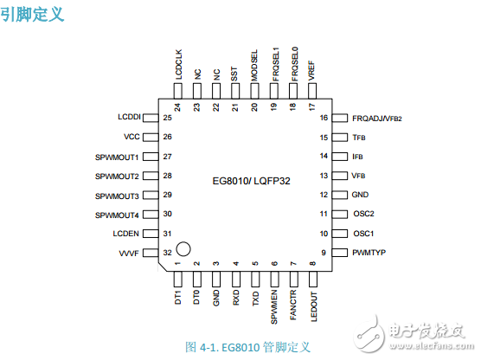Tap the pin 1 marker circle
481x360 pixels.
183,249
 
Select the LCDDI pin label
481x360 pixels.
129,117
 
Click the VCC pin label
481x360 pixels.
131,137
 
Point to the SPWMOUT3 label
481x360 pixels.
118,196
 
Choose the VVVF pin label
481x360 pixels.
129,253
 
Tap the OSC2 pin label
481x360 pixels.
363,214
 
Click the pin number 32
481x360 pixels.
167,253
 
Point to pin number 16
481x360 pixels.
324,117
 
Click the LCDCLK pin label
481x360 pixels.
177,67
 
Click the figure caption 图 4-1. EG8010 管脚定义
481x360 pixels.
247,346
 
